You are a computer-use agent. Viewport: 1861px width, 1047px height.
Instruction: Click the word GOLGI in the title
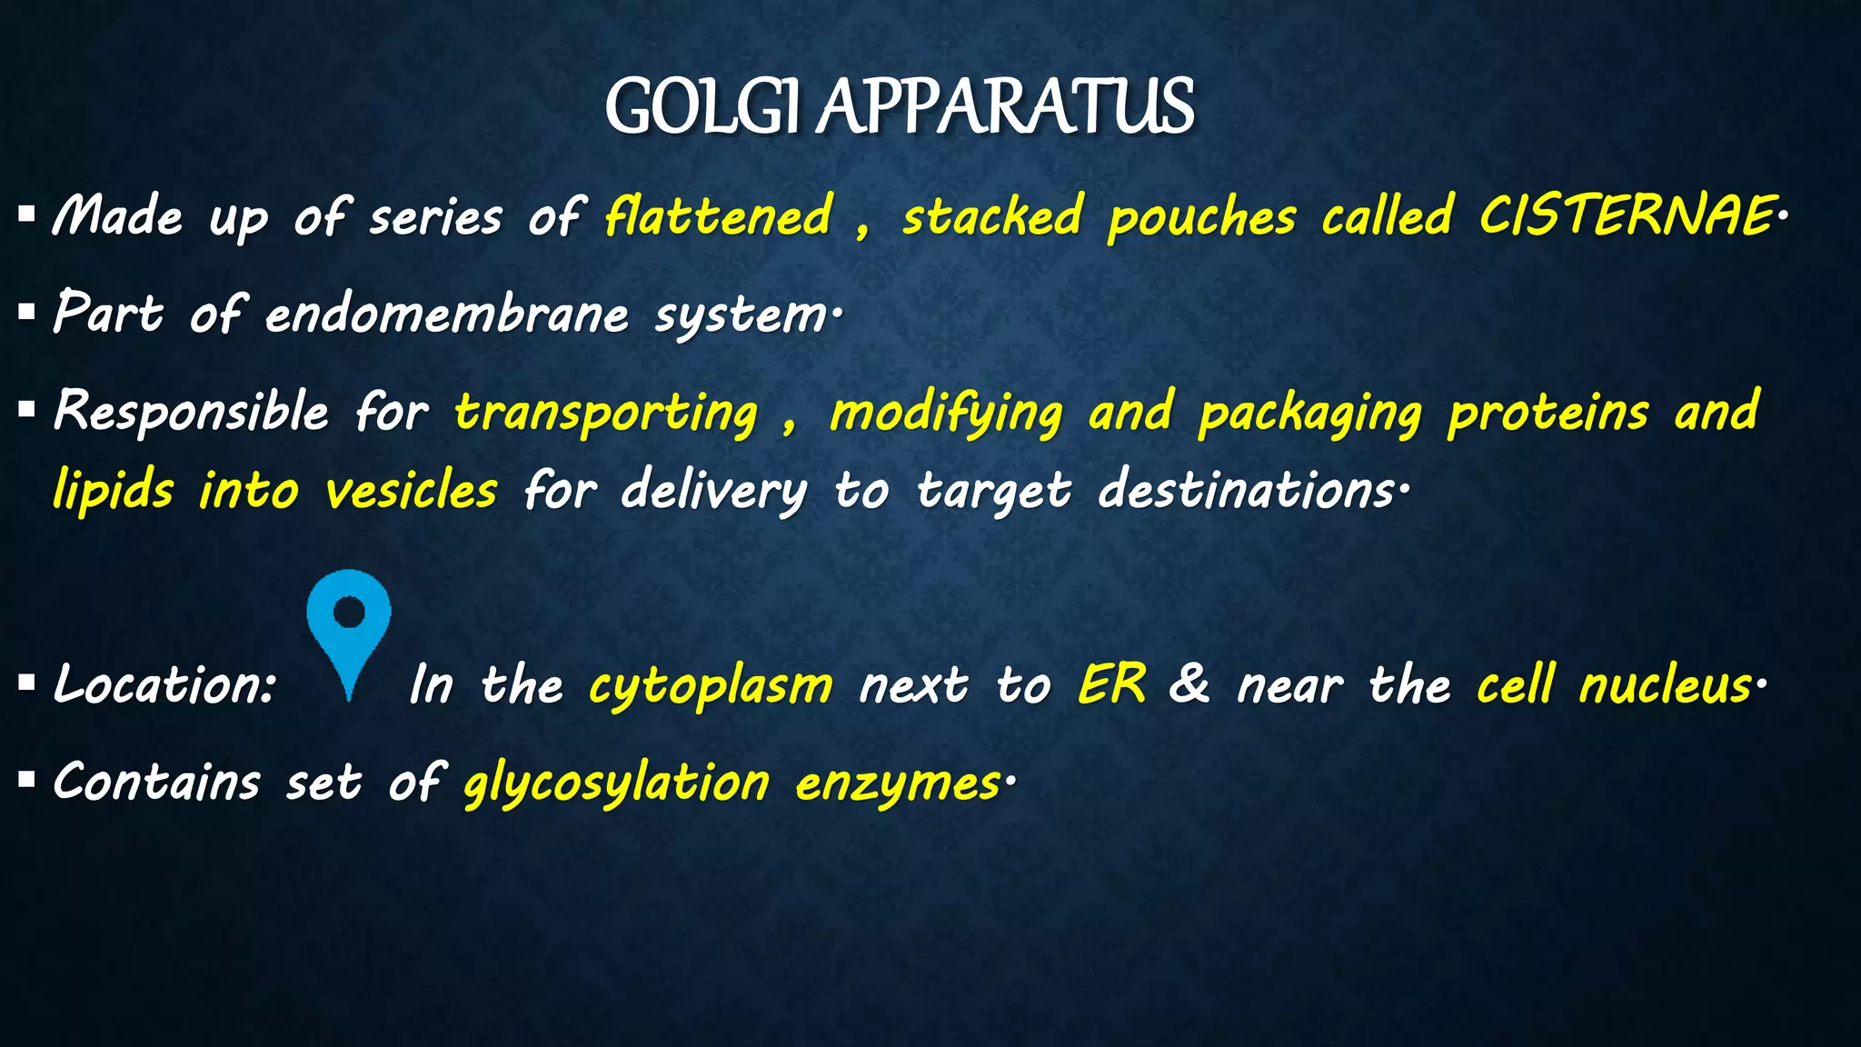coord(702,107)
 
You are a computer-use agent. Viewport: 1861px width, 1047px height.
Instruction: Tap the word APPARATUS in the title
coord(1005,107)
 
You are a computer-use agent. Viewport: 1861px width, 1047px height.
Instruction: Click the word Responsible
coord(191,412)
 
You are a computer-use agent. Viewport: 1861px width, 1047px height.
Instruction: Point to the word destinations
coord(1247,491)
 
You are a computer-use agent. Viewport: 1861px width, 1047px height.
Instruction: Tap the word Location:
coord(164,684)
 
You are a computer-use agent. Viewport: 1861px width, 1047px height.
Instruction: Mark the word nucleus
coord(1665,685)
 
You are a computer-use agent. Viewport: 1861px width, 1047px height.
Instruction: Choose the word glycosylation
coord(616,783)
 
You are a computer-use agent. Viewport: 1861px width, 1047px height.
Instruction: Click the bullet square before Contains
coord(26,780)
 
